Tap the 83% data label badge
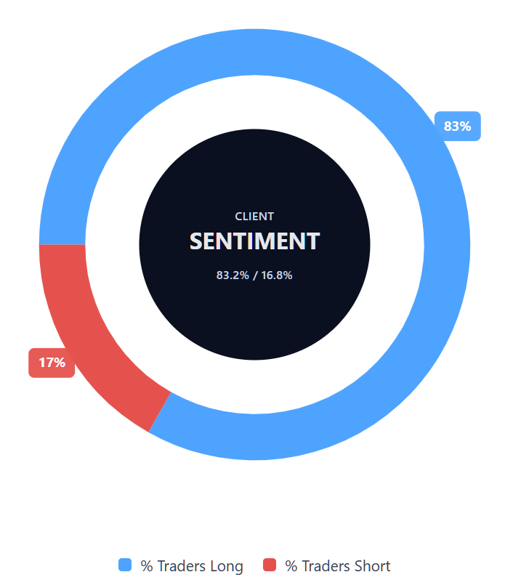pyautogui.click(x=458, y=126)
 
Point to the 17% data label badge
pyautogui.click(x=52, y=363)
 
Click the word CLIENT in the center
pyautogui.click(x=254, y=216)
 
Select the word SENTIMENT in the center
pyautogui.click(x=254, y=241)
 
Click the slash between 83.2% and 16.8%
pyautogui.click(x=255, y=275)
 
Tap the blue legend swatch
pyautogui.click(x=125, y=565)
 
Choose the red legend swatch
pyautogui.click(x=270, y=565)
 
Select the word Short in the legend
pyautogui.click(x=372, y=565)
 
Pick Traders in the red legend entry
pyautogui.click(x=326, y=565)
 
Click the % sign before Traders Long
pyautogui.click(x=146, y=565)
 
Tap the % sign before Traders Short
pyautogui.click(x=291, y=565)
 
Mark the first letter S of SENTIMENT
pyautogui.click(x=196, y=241)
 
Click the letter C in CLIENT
pyautogui.click(x=238, y=216)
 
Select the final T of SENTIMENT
pyautogui.click(x=313, y=241)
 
